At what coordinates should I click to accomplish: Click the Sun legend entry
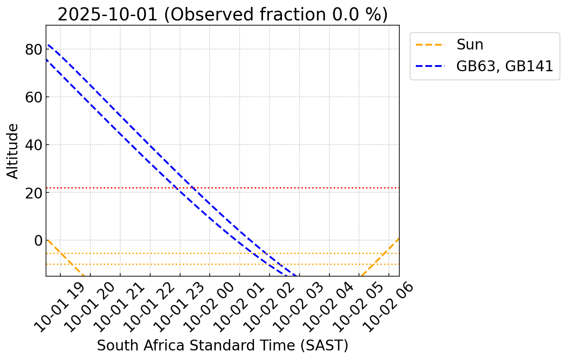[470, 45]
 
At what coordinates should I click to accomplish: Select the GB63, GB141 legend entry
[504, 66]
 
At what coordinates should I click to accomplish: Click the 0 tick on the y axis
[38, 241]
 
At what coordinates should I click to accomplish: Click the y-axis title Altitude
[13, 151]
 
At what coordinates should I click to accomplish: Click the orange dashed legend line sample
[430, 45]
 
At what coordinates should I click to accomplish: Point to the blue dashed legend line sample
[430, 66]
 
